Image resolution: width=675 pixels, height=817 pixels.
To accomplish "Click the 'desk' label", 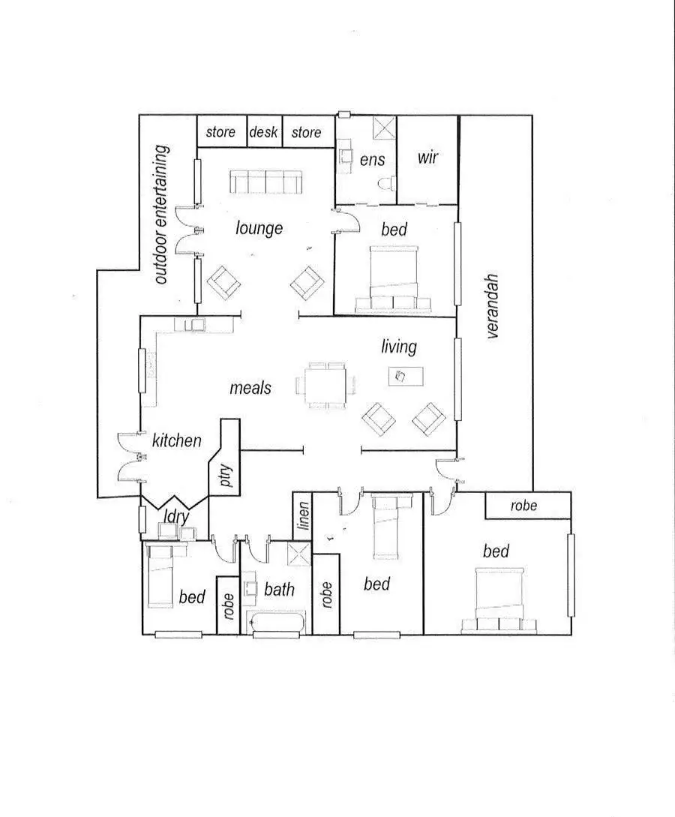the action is click(x=263, y=133).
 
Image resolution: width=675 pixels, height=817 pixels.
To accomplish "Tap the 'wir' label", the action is click(x=427, y=158).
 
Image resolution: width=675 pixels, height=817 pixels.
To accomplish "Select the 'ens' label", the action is click(x=373, y=159).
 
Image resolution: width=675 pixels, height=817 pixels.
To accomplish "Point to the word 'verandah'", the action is click(x=493, y=306).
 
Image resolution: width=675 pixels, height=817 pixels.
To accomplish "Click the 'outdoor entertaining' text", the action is click(x=161, y=215).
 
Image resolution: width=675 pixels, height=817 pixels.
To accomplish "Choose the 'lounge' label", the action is click(x=259, y=227).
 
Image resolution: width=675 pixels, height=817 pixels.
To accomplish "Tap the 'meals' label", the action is click(x=250, y=388).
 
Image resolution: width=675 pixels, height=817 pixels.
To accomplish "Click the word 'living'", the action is click(x=398, y=347).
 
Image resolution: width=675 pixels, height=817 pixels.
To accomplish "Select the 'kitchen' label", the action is click(x=177, y=440).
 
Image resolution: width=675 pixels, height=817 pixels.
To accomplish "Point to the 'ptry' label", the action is click(x=227, y=477).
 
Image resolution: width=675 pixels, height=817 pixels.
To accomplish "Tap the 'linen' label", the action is click(x=302, y=515).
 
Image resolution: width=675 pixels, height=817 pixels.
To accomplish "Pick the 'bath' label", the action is click(x=279, y=590).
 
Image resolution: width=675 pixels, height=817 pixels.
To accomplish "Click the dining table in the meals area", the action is click(x=326, y=386).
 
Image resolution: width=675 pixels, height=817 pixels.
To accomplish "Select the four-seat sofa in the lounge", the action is click(x=266, y=180).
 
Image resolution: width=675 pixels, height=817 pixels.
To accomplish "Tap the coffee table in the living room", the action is click(x=406, y=375).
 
